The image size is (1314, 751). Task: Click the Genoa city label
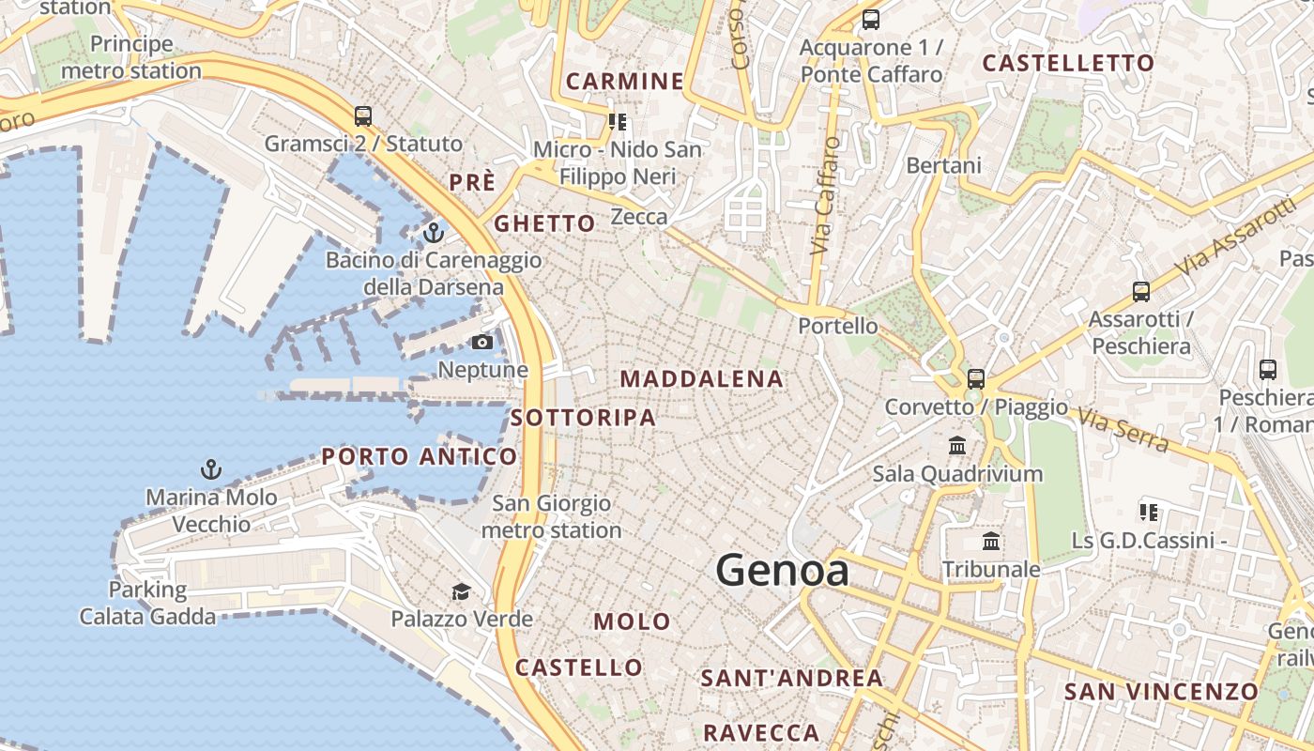[x=782, y=571]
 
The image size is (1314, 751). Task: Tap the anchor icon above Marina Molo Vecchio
[x=211, y=468]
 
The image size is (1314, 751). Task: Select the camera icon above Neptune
[x=482, y=343]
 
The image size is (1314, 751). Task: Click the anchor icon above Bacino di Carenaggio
[x=434, y=231]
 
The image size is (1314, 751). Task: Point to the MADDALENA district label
[x=701, y=379]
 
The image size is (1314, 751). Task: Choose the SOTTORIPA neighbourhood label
[x=583, y=418]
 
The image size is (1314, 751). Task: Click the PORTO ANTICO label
[x=419, y=457]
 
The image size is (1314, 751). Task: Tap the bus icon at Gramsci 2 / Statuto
[x=363, y=116]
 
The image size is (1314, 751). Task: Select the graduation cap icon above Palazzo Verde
[x=461, y=591]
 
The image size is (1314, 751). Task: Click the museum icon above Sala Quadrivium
[x=957, y=445]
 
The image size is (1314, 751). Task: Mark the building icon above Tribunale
[x=991, y=542]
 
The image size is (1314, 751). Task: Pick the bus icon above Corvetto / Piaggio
[x=976, y=379]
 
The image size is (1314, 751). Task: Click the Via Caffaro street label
[x=824, y=197]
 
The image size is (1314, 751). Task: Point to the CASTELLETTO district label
[x=1068, y=64]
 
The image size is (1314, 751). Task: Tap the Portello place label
[x=838, y=326]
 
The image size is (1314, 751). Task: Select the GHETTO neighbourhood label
[x=544, y=223]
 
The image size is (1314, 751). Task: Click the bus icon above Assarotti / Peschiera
[x=1140, y=292]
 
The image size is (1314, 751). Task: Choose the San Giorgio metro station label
[x=551, y=517]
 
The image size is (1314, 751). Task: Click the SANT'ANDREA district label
[x=792, y=678]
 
